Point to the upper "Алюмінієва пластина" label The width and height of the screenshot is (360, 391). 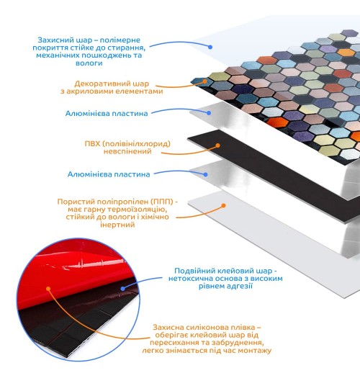[x=107, y=114]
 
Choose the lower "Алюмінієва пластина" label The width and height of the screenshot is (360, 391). [x=109, y=174]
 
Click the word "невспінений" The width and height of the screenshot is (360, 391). [x=127, y=151]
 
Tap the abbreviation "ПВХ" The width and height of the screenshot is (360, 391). [x=92, y=143]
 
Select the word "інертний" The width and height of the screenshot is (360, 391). [x=117, y=225]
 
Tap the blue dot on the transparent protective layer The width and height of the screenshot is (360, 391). [x=210, y=47]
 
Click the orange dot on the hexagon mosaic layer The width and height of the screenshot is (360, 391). [x=204, y=81]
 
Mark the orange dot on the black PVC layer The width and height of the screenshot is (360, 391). [x=217, y=145]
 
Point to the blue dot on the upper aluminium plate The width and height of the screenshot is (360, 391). [x=209, y=113]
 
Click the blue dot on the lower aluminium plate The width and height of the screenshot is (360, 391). [x=205, y=174]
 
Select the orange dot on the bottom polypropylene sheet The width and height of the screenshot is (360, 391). [x=224, y=205]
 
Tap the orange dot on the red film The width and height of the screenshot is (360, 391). [x=48, y=289]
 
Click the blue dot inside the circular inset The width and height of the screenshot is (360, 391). [x=122, y=289]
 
